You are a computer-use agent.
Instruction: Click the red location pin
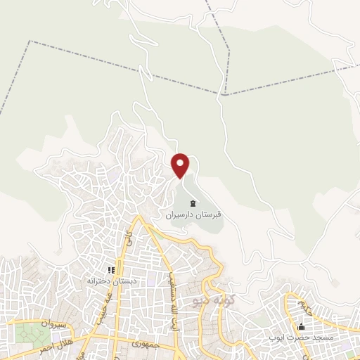pyautogui.click(x=181, y=165)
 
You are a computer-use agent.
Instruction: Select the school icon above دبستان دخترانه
pyautogui.click(x=110, y=269)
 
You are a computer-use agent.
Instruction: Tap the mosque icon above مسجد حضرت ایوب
pyautogui.click(x=302, y=327)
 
